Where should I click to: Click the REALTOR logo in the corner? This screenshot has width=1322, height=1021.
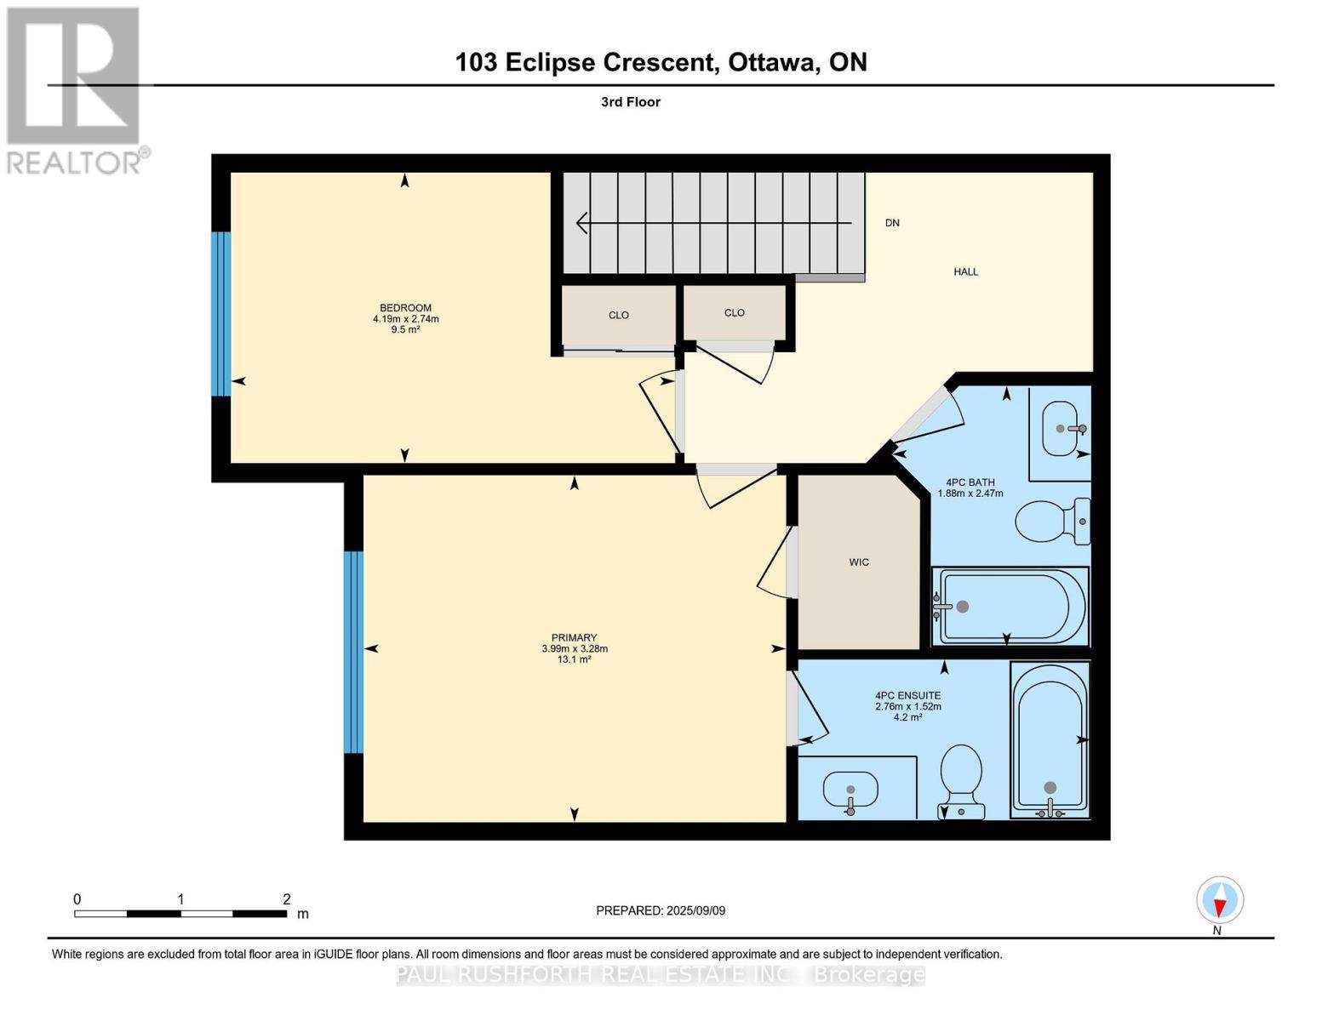pyautogui.click(x=75, y=89)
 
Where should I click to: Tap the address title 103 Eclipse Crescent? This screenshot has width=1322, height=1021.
pyautogui.click(x=661, y=62)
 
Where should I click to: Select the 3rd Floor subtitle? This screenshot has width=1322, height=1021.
pyautogui.click(x=630, y=102)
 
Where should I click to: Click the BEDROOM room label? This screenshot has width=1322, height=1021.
pyautogui.click(x=405, y=308)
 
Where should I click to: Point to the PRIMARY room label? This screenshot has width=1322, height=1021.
pyautogui.click(x=574, y=638)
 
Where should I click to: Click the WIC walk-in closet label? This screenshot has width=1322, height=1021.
pyautogui.click(x=859, y=562)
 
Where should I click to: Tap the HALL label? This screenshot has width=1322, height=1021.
pyautogui.click(x=965, y=272)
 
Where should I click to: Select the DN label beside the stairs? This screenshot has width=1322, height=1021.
pyautogui.click(x=892, y=223)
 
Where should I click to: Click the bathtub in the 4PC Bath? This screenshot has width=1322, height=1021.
pyautogui.click(x=1010, y=607)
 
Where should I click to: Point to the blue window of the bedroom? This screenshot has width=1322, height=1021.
pyautogui.click(x=220, y=314)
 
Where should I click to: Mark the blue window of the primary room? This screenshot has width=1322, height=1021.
pyautogui.click(x=353, y=652)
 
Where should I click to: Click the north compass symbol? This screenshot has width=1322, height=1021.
pyautogui.click(x=1220, y=900)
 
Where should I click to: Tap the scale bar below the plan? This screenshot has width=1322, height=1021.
pyautogui.click(x=180, y=914)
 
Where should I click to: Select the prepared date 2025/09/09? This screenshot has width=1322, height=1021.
pyautogui.click(x=661, y=910)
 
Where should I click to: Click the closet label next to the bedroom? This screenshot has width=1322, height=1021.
pyautogui.click(x=619, y=315)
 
